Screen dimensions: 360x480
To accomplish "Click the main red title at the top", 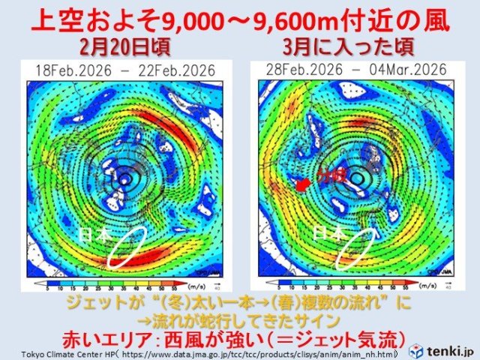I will pyautogui.click(x=239, y=20).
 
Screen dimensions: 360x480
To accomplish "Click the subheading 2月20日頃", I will pyautogui.click(x=124, y=49).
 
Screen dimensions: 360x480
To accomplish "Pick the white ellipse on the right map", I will pyautogui.click(x=358, y=248).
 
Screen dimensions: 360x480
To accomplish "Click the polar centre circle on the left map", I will pyautogui.click(x=119, y=180).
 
